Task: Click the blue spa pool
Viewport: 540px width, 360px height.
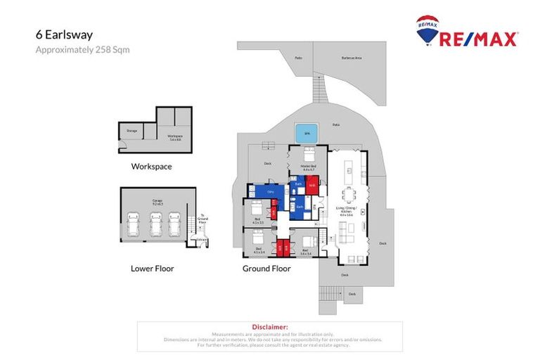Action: click(304, 131)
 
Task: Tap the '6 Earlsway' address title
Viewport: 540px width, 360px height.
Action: click(64, 34)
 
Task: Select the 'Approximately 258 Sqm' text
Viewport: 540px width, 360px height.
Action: click(82, 50)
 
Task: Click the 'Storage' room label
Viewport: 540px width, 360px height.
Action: click(132, 130)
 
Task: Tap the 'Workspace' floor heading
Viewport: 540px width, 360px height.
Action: click(151, 167)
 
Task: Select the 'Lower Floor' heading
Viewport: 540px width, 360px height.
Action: click(152, 268)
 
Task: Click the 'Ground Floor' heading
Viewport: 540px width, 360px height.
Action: click(266, 268)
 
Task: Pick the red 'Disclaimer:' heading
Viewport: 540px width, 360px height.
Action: click(270, 327)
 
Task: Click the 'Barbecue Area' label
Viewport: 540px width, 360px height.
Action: click(351, 58)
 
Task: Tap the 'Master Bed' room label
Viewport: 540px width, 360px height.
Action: click(308, 167)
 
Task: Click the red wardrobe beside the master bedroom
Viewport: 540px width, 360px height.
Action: click(312, 185)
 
